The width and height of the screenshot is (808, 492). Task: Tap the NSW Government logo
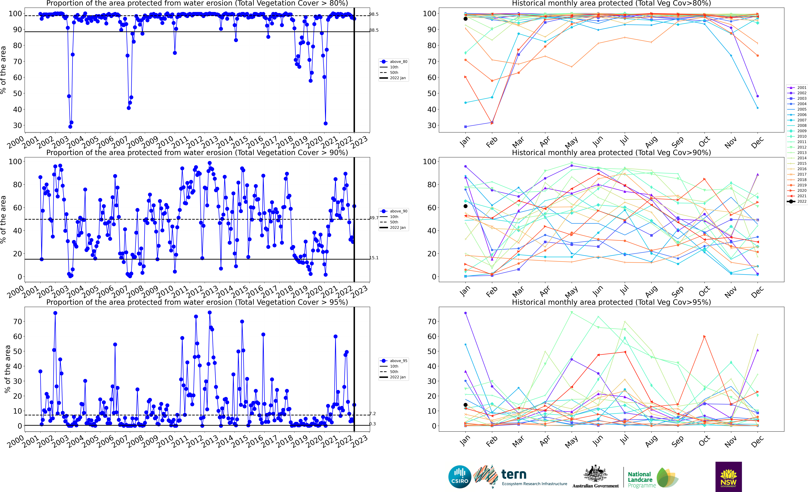tap(728, 477)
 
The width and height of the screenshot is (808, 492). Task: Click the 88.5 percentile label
tap(374, 30)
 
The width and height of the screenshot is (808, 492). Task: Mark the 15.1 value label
tap(374, 258)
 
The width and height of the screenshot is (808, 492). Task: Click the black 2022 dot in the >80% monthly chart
tap(465, 19)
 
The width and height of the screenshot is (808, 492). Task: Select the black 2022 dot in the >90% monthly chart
tap(465, 206)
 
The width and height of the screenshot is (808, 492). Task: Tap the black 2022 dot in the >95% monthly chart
tap(465, 405)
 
